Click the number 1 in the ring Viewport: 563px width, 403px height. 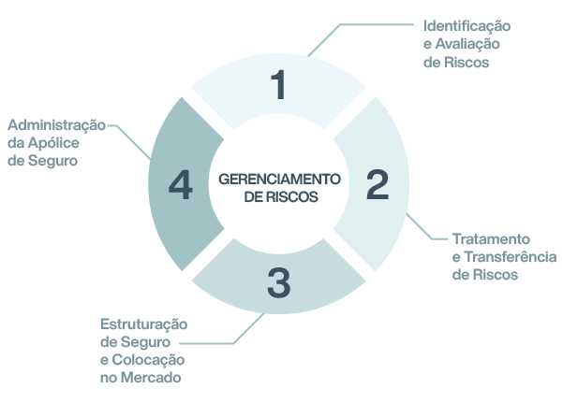[278, 84]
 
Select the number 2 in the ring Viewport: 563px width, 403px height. [377, 185]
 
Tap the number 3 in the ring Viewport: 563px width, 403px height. [278, 283]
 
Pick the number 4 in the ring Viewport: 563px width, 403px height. [181, 185]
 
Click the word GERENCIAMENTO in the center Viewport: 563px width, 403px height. [279, 179]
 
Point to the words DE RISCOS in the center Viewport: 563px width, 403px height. [279, 197]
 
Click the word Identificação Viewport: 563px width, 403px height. [467, 25]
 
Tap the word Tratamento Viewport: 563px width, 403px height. [491, 238]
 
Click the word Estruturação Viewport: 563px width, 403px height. [143, 324]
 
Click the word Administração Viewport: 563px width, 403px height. [56, 124]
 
